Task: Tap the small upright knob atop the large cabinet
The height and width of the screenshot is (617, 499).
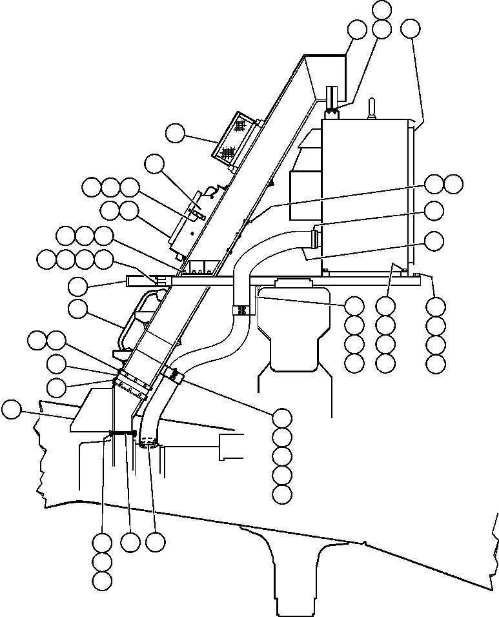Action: pos(372,109)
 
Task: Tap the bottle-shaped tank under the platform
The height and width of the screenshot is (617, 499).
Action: pos(294,326)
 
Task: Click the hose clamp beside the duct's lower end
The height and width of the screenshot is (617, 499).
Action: pos(171,373)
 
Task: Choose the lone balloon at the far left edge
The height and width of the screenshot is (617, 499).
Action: pos(11,409)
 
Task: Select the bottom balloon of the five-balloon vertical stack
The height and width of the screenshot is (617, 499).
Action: pos(282,494)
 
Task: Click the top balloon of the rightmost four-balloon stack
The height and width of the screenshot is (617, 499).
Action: pos(436,305)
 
